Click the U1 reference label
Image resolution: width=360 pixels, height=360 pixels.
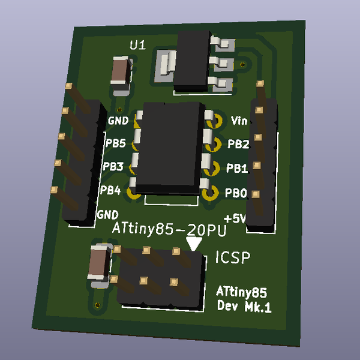tap(137, 45)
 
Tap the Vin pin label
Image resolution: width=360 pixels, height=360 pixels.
tap(239, 120)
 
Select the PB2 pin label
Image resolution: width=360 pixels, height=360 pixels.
tap(238, 144)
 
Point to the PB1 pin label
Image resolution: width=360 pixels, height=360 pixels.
tap(237, 169)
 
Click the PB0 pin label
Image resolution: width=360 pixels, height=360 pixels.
tap(235, 194)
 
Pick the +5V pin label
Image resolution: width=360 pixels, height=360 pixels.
tap(234, 218)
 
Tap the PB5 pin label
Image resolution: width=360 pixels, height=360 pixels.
tap(115, 143)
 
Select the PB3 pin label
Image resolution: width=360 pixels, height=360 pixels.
tap(113, 166)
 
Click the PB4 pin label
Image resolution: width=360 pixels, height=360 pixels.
tap(110, 191)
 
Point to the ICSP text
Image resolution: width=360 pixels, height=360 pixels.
tap(232, 258)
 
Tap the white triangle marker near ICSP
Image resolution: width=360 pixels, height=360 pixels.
tap(194, 244)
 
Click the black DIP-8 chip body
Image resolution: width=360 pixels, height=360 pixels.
tap(171, 147)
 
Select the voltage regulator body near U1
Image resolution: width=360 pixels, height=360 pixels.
tap(193, 60)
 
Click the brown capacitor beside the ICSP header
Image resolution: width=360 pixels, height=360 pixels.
tap(97, 262)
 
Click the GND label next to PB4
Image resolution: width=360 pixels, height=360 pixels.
tap(107, 214)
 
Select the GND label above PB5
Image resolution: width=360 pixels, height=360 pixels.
tap(118, 120)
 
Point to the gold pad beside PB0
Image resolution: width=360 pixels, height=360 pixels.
tap(210, 193)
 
